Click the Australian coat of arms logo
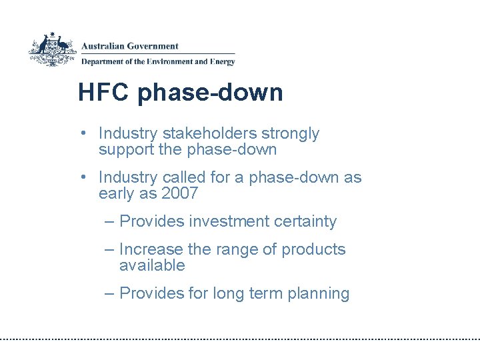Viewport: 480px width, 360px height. tap(53, 49)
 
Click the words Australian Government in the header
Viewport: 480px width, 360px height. tap(130, 46)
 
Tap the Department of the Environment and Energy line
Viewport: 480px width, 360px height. tap(158, 62)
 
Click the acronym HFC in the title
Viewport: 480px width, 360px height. tap(105, 92)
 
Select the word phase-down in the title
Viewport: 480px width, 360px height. tap(210, 93)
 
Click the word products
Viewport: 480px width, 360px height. tap(313, 250)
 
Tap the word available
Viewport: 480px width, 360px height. tap(152, 265)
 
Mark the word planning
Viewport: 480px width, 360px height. tap(319, 294)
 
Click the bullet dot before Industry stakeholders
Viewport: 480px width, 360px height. tap(82, 134)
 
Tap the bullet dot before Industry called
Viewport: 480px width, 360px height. tap(82, 178)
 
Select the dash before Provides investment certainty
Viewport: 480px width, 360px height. tap(109, 221)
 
